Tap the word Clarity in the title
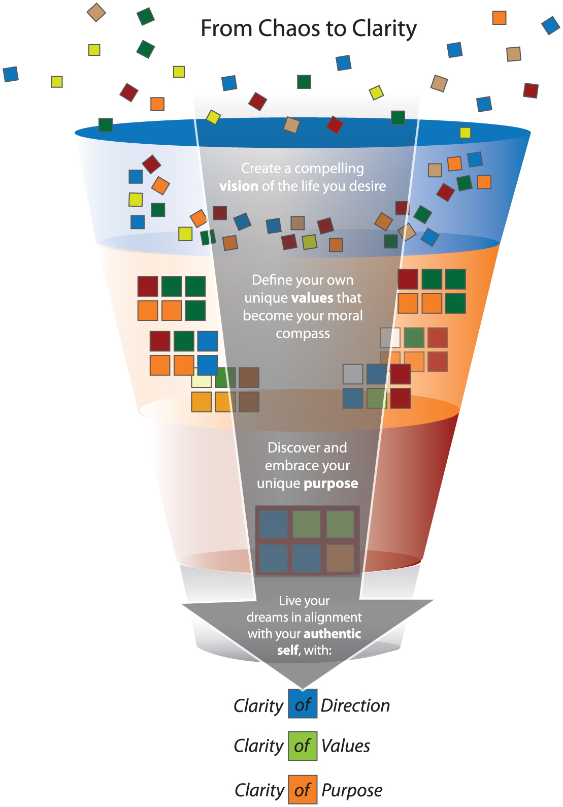click(384, 29)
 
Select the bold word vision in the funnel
click(239, 186)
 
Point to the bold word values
click(312, 298)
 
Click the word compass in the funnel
click(303, 334)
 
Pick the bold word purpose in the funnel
click(331, 484)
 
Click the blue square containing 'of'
click(303, 703)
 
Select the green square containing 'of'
click(303, 746)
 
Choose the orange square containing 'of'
click(303, 789)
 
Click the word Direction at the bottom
click(355, 705)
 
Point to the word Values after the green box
click(346, 746)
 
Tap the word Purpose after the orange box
click(352, 791)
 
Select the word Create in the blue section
click(260, 168)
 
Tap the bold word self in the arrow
click(288, 650)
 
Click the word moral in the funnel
click(347, 315)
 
